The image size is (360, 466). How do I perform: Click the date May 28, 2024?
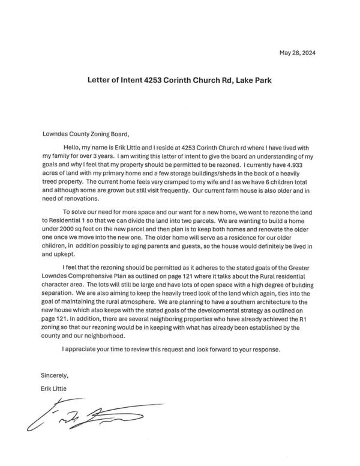[297, 53]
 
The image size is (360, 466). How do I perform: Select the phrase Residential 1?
[69, 222]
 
